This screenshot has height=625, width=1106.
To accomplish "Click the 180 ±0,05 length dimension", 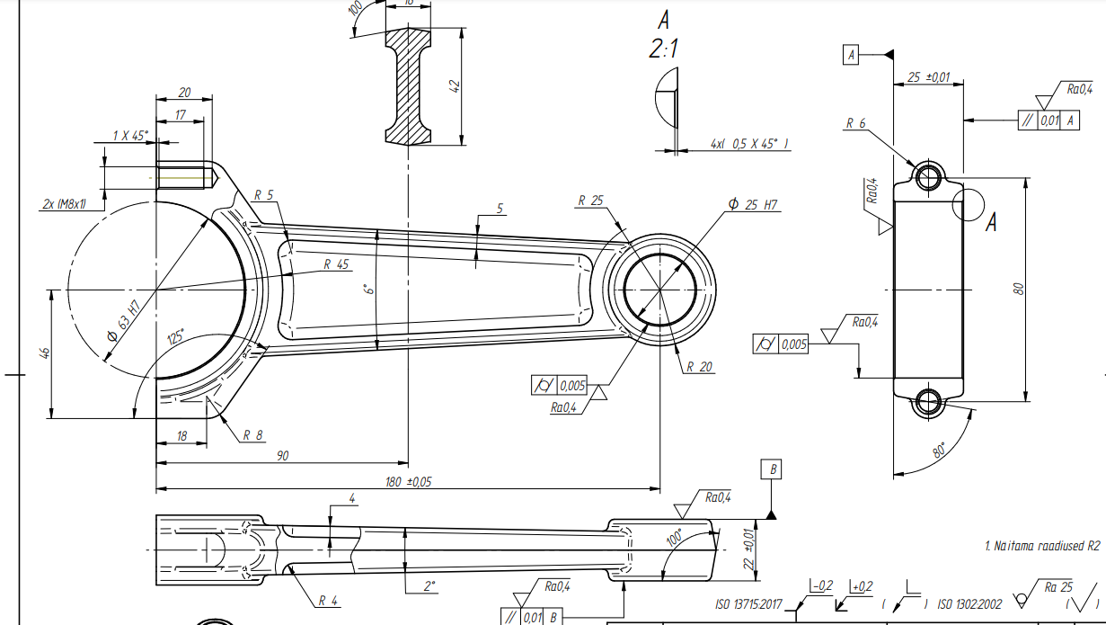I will click(409, 482).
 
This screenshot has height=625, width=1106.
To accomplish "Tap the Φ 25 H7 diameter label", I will click(755, 205).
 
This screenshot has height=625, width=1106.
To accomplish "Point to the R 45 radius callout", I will click(336, 264).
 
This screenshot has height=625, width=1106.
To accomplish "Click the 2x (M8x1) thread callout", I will click(64, 204).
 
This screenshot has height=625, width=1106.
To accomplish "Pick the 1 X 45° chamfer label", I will click(130, 136).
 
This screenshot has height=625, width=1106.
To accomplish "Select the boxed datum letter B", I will click(772, 469).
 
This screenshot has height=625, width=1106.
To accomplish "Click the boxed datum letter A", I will click(850, 56).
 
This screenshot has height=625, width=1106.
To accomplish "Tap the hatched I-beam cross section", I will click(410, 86).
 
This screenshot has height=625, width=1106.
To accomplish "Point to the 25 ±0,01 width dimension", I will click(928, 78).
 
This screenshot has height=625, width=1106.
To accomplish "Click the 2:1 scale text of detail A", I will click(663, 49).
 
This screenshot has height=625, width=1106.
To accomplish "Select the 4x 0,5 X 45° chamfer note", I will click(748, 144).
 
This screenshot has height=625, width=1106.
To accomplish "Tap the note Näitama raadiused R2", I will click(1041, 545).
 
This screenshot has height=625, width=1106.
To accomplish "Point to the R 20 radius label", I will click(699, 367).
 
